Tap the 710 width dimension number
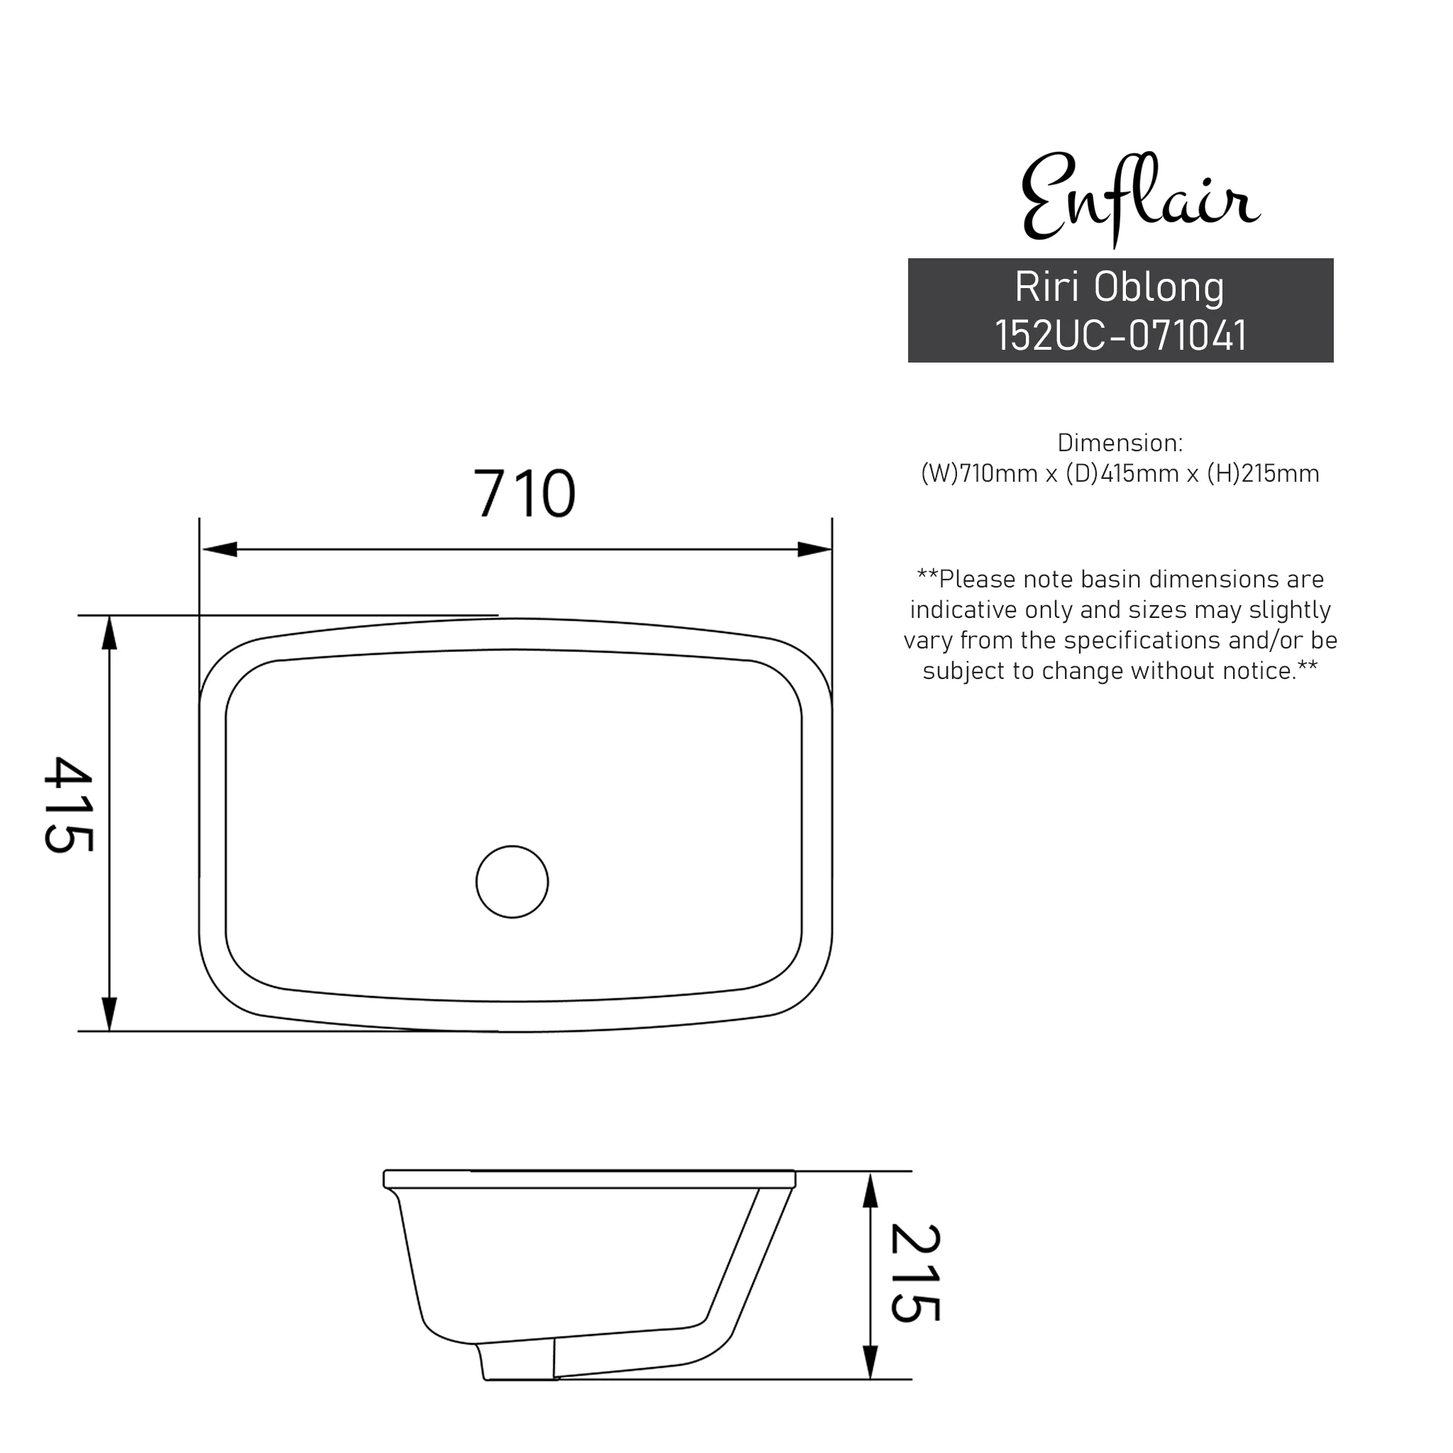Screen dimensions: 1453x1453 click(524, 494)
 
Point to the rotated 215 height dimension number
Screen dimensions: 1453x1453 click(915, 1272)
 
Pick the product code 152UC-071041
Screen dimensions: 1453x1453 click(1120, 336)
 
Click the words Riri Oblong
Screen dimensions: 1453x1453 click(1120, 287)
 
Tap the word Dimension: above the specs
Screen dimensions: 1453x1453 click(1120, 443)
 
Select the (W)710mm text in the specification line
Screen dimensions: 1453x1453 click(979, 474)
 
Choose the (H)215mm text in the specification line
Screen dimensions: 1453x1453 click(1263, 474)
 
